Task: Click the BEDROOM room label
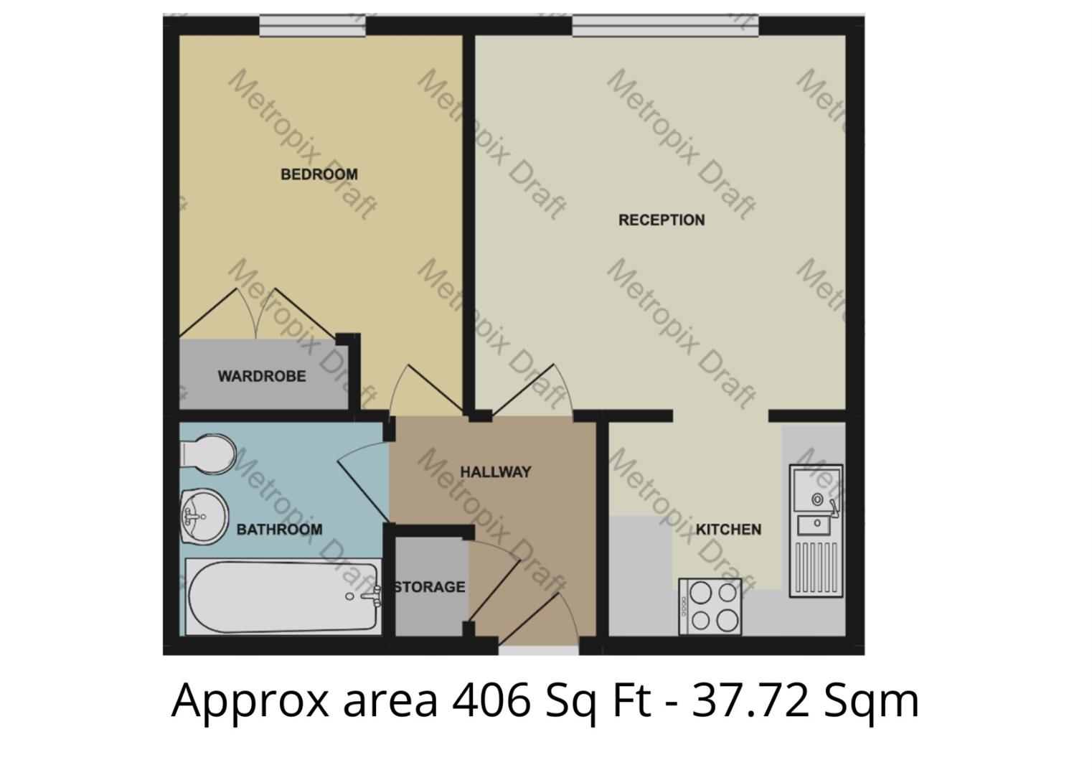click(x=319, y=174)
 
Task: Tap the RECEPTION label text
click(x=661, y=220)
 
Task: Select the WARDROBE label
click(x=262, y=376)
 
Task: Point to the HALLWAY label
click(x=495, y=472)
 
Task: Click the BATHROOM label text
click(x=279, y=530)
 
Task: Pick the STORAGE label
click(x=430, y=587)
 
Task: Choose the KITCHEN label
click(x=728, y=530)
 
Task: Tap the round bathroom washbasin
click(x=204, y=516)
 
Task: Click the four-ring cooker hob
click(x=710, y=606)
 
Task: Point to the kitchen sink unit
click(x=816, y=531)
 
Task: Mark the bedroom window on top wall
click(x=312, y=27)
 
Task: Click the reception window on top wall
click(x=664, y=27)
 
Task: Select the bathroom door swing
click(x=362, y=479)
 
